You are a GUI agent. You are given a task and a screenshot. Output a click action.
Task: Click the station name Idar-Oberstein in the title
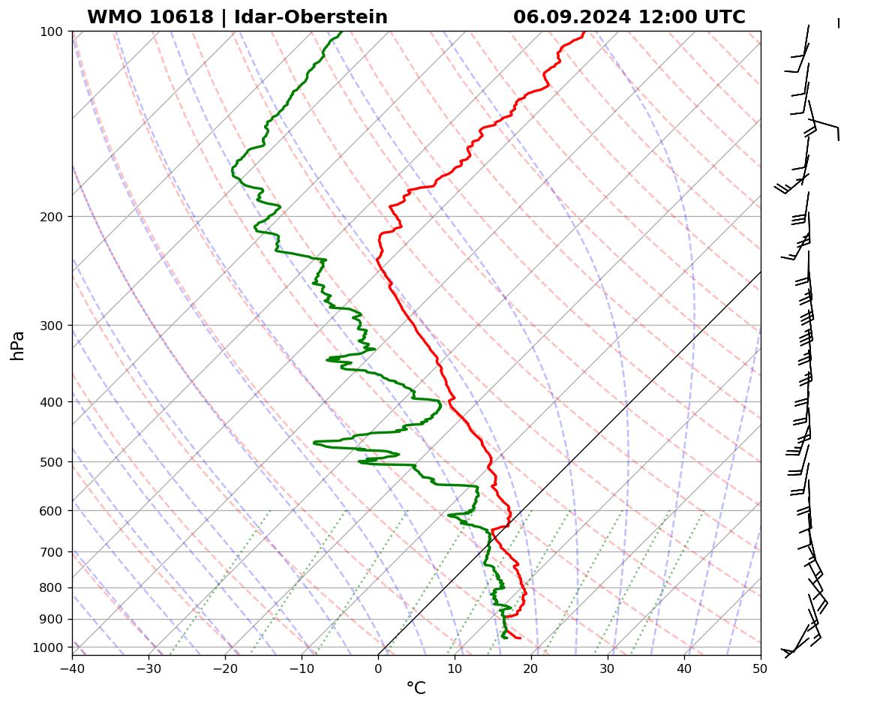[311, 17]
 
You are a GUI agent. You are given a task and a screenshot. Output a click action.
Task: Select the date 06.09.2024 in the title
[573, 17]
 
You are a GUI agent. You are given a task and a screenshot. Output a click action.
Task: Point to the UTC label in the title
[722, 17]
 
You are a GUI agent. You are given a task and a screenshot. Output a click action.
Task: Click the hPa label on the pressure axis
[17, 345]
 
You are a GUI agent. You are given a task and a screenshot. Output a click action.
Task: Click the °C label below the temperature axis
[416, 688]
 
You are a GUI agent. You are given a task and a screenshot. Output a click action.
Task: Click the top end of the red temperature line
[584, 32]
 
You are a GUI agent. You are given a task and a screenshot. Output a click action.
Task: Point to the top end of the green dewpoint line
[342, 32]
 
